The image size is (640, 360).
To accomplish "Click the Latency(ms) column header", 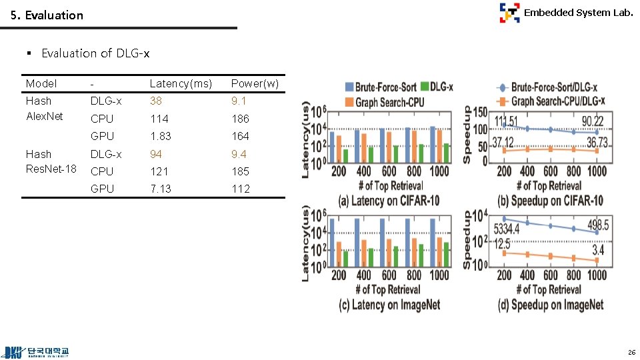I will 181,84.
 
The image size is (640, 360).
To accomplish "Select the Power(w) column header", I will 255,84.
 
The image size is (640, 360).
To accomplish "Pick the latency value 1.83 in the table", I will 161,136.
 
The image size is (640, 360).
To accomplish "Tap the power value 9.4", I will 239,154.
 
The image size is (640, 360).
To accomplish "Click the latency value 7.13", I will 161,189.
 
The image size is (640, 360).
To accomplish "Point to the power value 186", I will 240,119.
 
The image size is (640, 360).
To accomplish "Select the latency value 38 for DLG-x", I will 155,101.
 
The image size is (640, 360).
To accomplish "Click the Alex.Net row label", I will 44,117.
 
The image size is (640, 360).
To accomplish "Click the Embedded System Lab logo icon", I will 509,13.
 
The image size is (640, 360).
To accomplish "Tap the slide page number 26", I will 631,351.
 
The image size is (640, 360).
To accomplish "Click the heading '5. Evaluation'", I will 47,15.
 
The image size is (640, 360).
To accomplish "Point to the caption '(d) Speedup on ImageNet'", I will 551,305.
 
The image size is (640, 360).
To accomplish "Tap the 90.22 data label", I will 593,121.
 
